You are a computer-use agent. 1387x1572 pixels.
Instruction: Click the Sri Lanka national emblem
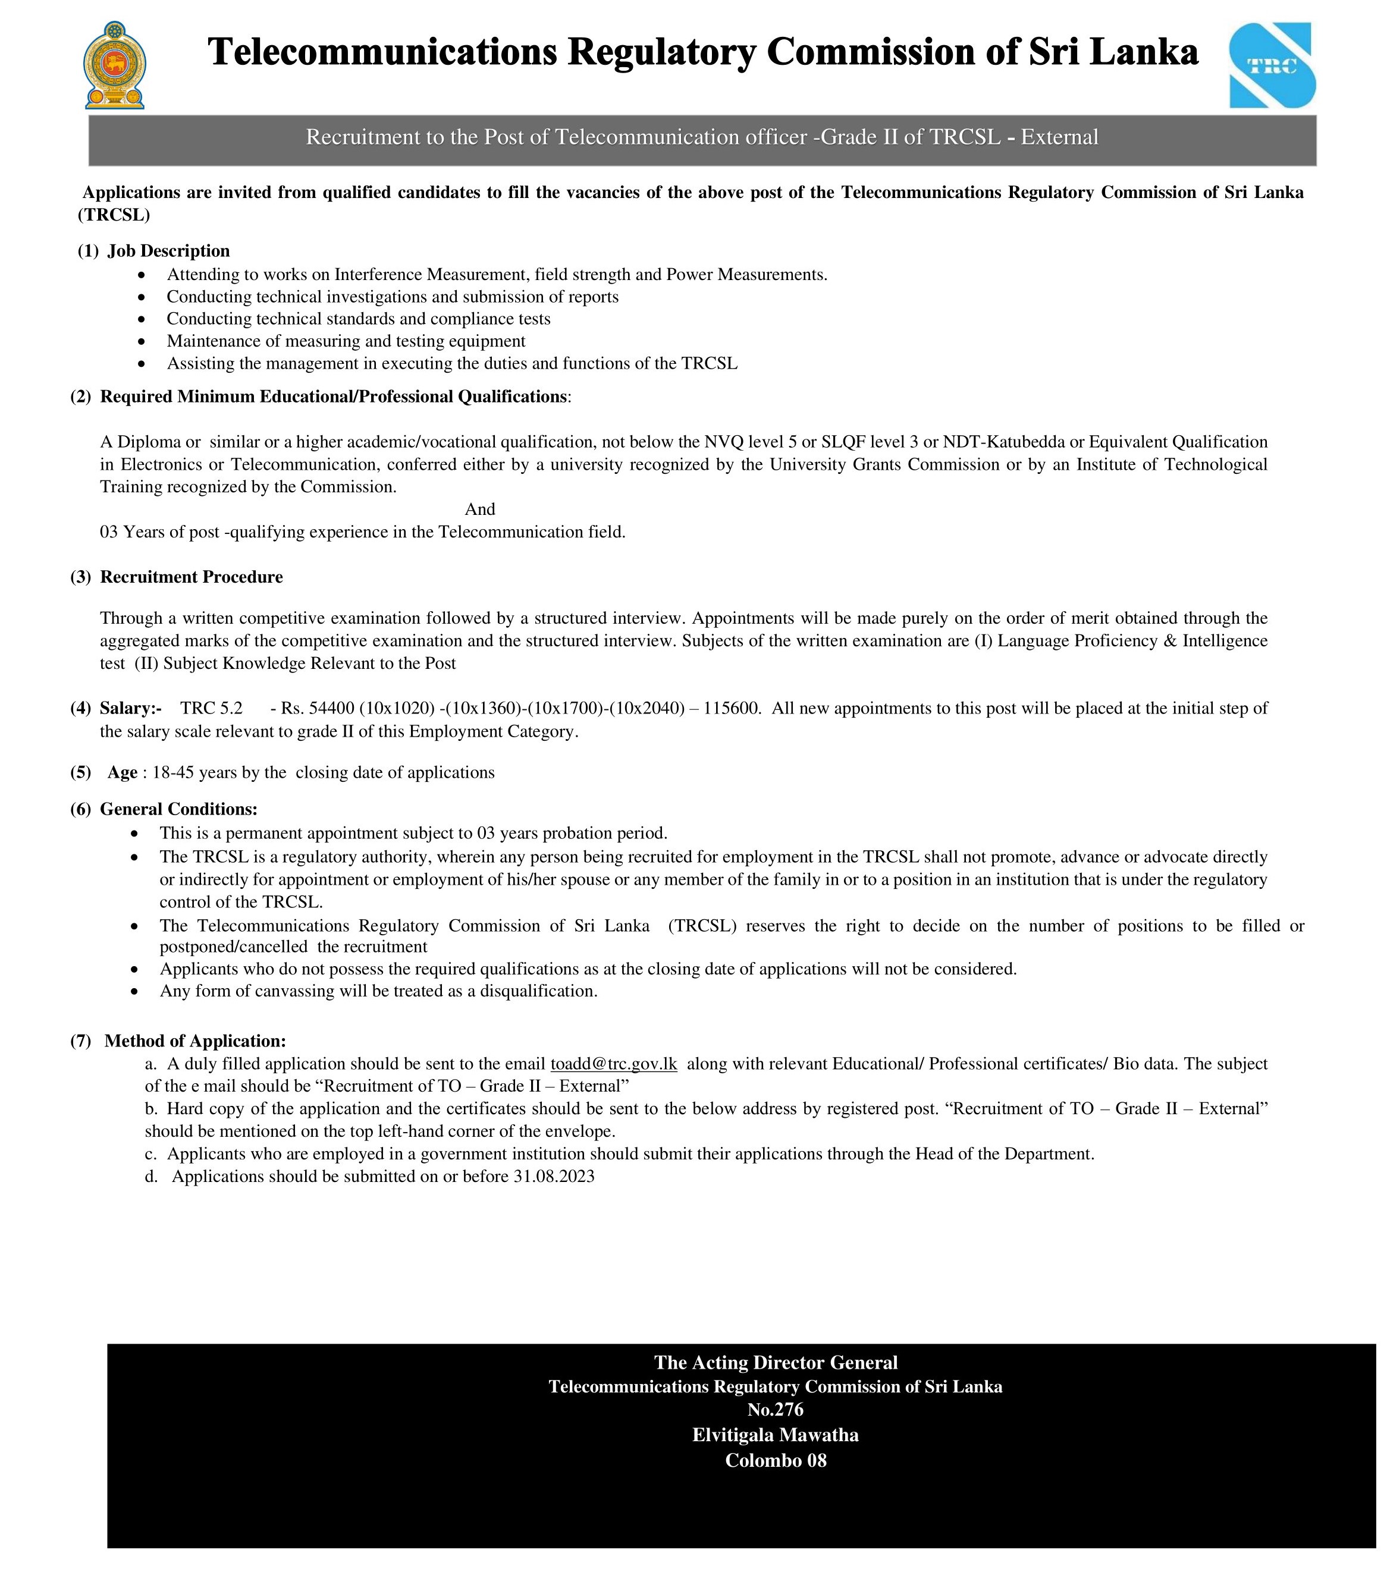[115, 65]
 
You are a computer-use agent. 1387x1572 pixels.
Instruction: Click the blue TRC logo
[1272, 65]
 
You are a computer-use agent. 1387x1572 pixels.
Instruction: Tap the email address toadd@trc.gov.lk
[613, 1064]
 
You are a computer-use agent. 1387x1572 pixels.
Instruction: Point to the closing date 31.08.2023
[554, 1176]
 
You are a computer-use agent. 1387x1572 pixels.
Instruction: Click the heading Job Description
[168, 251]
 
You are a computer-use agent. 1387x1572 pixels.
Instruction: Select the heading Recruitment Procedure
[192, 577]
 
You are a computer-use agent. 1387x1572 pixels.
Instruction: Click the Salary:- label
[131, 708]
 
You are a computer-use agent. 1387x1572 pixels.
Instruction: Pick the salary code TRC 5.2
[212, 708]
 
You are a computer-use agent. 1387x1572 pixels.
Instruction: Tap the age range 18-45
[173, 772]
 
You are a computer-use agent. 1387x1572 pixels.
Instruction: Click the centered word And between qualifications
[480, 509]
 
